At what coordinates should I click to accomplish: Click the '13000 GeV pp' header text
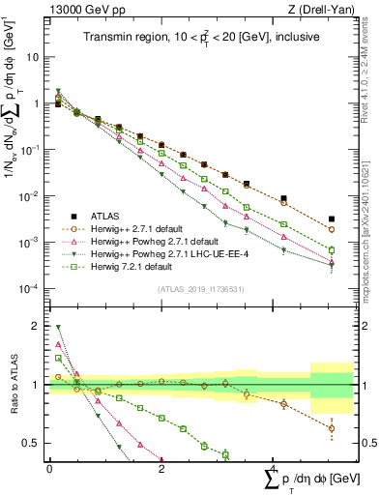(76, 11)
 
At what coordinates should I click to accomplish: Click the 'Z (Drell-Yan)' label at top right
(319, 11)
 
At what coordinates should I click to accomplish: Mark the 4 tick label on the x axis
(274, 469)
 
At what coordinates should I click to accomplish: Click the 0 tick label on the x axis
(49, 469)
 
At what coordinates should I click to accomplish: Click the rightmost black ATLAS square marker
(332, 219)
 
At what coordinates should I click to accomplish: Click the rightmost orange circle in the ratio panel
(332, 428)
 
